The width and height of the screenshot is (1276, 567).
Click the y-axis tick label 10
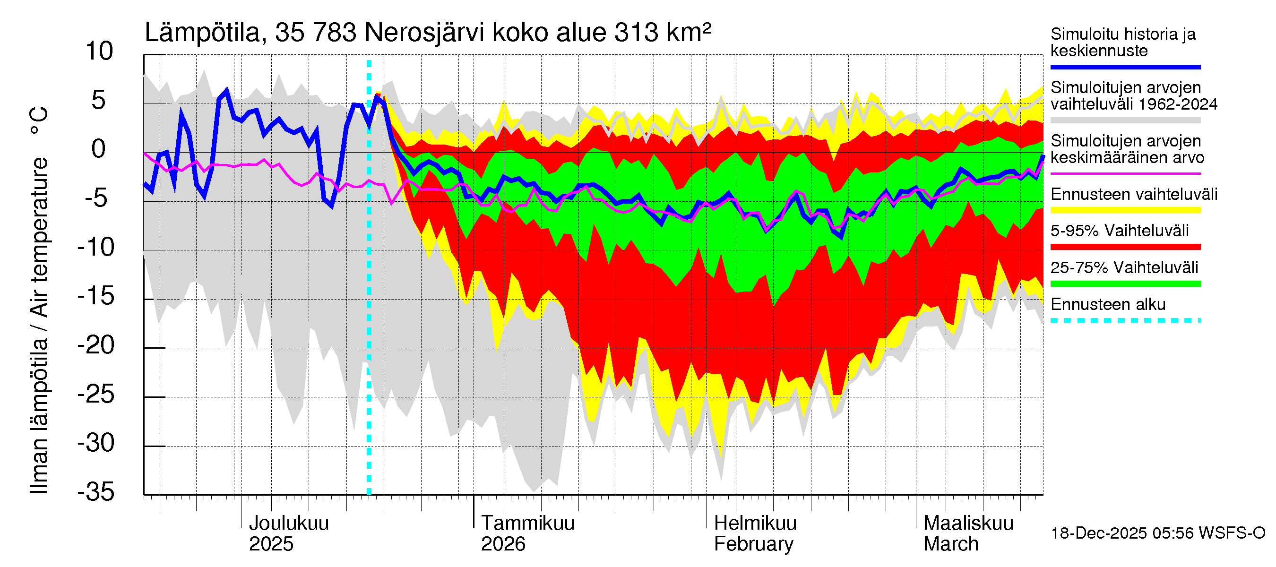tap(99, 52)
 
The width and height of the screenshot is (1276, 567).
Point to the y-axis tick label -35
tap(96, 492)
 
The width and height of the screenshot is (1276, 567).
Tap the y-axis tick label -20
tap(96, 345)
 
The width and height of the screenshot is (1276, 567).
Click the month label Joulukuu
tap(289, 523)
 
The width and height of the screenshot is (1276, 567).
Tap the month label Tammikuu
tap(527, 523)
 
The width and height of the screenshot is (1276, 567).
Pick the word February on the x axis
tap(753, 544)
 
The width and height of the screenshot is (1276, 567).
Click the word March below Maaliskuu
tap(950, 544)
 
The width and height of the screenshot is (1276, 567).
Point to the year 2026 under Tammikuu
tap(503, 544)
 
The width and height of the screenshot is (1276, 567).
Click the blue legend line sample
tap(1125, 67)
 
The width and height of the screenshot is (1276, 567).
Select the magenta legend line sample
tap(1125, 174)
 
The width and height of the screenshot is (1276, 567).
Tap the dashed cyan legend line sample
tap(1125, 320)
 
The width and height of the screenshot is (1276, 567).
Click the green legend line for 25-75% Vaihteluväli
tap(1125, 284)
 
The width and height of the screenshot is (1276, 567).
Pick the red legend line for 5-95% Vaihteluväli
tap(1125, 247)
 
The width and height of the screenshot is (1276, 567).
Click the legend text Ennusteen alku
tap(1108, 304)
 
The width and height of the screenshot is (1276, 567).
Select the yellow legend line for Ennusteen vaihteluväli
tap(1125, 210)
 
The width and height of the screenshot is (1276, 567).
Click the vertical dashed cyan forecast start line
tap(369, 297)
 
